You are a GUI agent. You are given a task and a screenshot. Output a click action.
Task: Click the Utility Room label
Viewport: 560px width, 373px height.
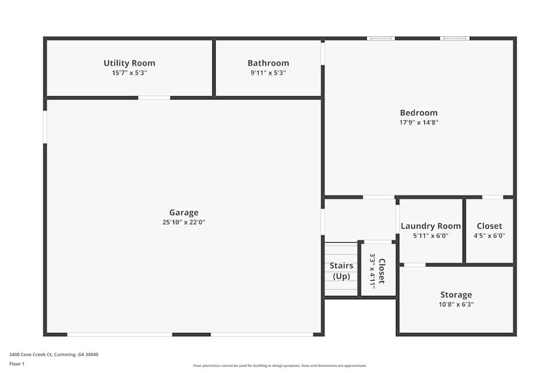click(x=129, y=63)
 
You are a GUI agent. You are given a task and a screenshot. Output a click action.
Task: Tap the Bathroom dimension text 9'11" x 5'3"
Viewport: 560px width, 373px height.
click(x=268, y=73)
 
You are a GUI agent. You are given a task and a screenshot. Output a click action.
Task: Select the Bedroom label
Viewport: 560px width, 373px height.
click(x=418, y=112)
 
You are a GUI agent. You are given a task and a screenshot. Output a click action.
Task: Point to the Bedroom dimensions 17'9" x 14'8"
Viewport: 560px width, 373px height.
click(x=418, y=122)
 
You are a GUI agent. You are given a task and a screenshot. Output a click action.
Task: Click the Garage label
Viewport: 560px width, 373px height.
click(x=184, y=213)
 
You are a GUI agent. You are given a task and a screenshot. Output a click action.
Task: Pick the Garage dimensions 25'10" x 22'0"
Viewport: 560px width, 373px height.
click(x=184, y=223)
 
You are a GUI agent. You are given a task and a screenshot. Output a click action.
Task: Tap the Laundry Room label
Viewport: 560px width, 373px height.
click(x=431, y=226)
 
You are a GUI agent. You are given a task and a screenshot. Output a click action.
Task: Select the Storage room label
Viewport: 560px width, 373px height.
click(x=456, y=295)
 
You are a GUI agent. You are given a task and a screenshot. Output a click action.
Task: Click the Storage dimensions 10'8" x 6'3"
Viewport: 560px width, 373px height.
click(x=456, y=305)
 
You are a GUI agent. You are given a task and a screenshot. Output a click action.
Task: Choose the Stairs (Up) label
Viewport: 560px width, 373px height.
click(x=341, y=271)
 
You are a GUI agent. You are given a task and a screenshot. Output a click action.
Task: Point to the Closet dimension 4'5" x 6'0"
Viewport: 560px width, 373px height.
click(x=489, y=236)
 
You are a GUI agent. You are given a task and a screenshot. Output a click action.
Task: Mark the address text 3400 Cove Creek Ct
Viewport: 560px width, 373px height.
click(x=54, y=355)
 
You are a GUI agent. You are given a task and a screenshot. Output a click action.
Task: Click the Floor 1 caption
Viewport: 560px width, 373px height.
click(x=17, y=363)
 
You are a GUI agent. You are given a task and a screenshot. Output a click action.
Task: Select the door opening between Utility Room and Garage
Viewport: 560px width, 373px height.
click(x=154, y=98)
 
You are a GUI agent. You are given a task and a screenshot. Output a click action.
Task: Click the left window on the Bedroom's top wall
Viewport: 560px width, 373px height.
click(x=381, y=39)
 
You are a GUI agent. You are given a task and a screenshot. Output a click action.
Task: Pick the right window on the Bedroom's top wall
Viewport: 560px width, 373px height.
click(x=454, y=39)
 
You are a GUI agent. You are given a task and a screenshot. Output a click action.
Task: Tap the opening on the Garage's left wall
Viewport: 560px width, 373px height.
click(x=45, y=127)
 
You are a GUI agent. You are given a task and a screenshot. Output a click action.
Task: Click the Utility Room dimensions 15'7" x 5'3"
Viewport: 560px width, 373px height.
click(x=129, y=73)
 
